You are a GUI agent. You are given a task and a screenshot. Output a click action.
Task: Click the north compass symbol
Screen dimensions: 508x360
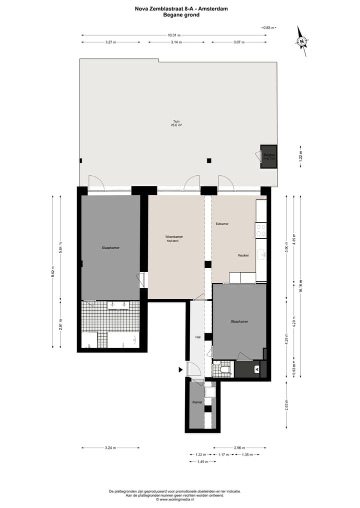(302, 43)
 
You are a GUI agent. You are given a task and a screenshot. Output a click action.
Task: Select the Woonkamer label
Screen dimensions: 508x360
(174, 238)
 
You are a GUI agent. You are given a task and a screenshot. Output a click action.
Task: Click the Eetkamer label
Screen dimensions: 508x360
(222, 224)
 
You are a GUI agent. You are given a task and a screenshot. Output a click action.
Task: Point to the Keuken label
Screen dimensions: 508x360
(243, 255)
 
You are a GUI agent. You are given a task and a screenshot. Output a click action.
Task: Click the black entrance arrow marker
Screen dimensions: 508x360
(181, 370)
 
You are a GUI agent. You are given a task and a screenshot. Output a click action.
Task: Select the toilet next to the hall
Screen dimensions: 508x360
(224, 370)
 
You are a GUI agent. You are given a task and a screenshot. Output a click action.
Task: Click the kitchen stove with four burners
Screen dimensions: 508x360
(260, 230)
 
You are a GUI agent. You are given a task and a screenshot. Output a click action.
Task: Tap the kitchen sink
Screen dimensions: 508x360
(260, 255)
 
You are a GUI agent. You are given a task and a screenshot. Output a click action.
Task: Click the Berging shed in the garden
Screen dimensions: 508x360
(269, 157)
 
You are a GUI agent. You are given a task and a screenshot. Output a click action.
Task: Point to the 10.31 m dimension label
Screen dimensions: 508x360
(174, 35)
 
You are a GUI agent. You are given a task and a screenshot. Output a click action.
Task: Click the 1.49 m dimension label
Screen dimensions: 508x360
(203, 462)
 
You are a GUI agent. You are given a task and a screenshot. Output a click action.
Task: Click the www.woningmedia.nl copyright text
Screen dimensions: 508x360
(174, 499)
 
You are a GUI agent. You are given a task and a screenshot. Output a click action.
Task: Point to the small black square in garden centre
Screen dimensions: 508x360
(209, 160)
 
